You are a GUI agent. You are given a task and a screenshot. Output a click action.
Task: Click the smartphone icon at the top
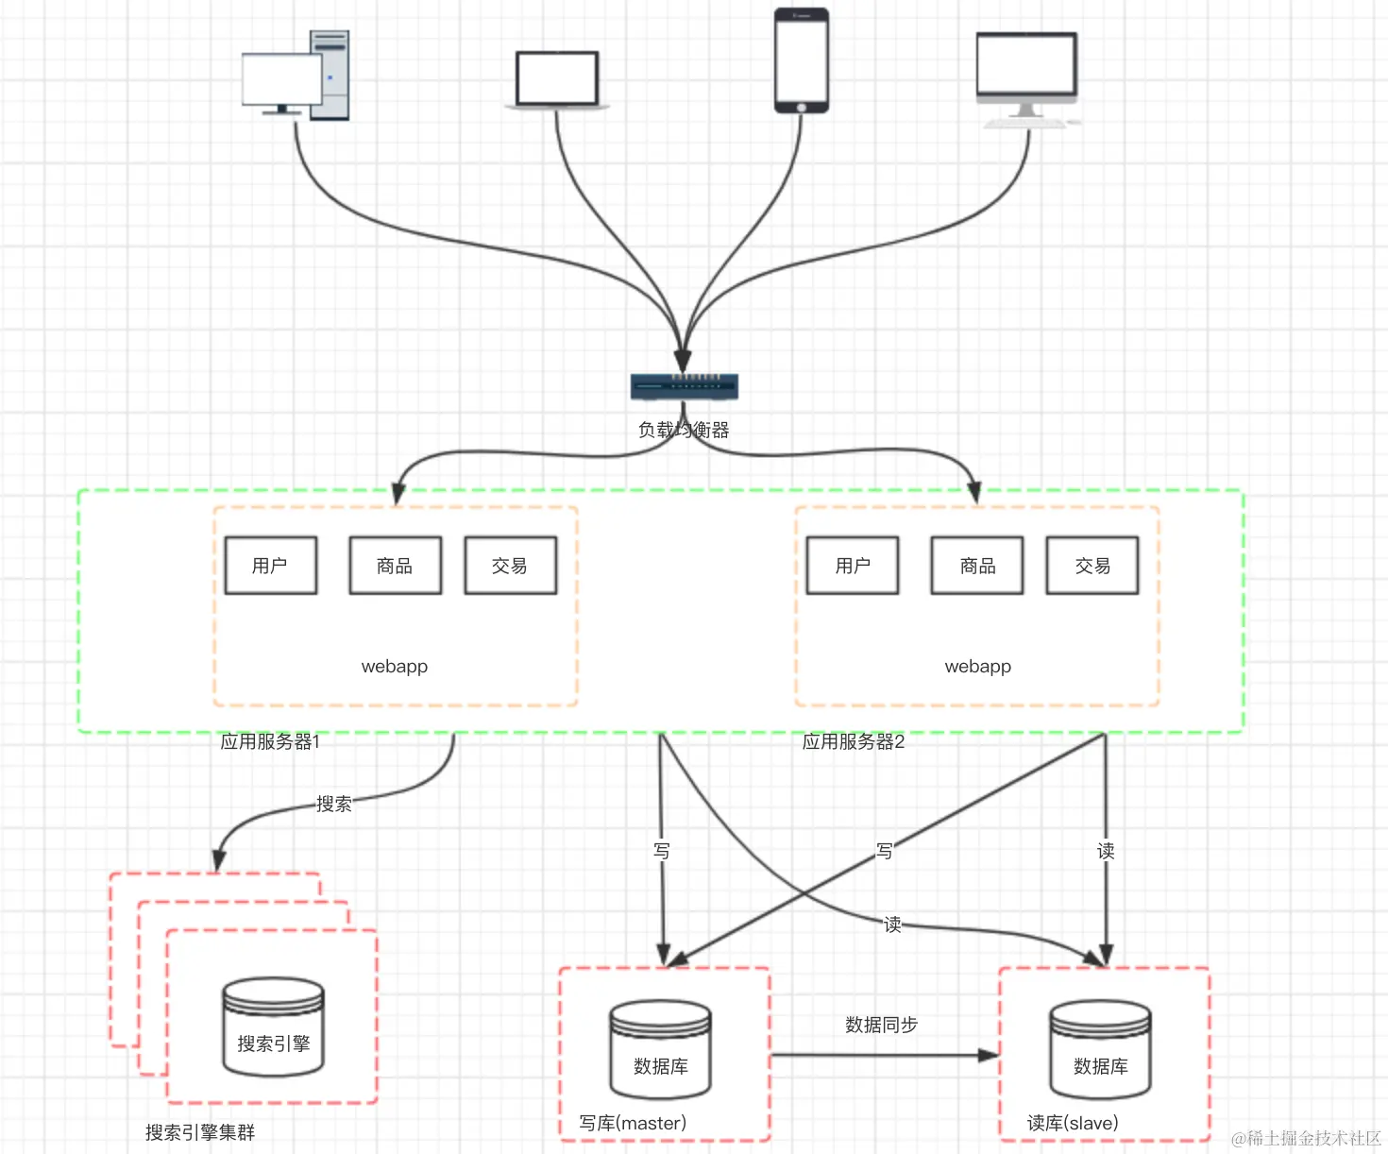pyautogui.click(x=802, y=60)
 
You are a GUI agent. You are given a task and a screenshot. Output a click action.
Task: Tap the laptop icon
pyautogui.click(x=557, y=80)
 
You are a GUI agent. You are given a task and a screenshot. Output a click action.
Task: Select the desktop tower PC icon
pyautogui.click(x=296, y=76)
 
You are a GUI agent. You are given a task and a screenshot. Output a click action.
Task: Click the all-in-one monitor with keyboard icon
pyautogui.click(x=1026, y=79)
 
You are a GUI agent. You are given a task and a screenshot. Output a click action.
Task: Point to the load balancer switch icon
pyautogui.click(x=685, y=386)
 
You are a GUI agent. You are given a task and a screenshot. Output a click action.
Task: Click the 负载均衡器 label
pyautogui.click(x=684, y=431)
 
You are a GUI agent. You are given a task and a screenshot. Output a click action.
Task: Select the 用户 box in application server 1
pyautogui.click(x=271, y=566)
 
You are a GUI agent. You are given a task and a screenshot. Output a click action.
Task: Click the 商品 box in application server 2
pyautogui.click(x=977, y=566)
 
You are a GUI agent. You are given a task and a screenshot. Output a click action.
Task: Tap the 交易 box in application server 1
pyautogui.click(x=510, y=566)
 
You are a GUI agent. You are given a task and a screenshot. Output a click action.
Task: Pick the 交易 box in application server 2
pyautogui.click(x=1092, y=566)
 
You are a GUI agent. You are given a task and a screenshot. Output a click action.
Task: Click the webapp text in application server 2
pyautogui.click(x=977, y=667)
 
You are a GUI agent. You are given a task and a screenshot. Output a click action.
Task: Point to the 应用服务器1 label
pyautogui.click(x=270, y=742)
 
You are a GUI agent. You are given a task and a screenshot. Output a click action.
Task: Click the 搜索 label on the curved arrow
pyautogui.click(x=333, y=804)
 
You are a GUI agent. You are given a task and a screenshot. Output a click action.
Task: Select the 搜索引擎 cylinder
pyautogui.click(x=274, y=1027)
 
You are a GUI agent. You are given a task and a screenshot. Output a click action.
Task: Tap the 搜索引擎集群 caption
pyautogui.click(x=200, y=1132)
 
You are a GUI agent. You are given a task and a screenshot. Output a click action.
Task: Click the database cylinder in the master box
pyautogui.click(x=661, y=1050)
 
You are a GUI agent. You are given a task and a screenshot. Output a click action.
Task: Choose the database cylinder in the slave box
pyautogui.click(x=1100, y=1050)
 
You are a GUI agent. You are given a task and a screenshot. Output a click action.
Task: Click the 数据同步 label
pyautogui.click(x=881, y=1025)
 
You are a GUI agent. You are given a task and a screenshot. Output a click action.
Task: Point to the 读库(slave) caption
pyautogui.click(x=1073, y=1123)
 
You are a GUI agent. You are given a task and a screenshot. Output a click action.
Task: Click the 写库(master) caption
pyautogui.click(x=633, y=1123)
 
